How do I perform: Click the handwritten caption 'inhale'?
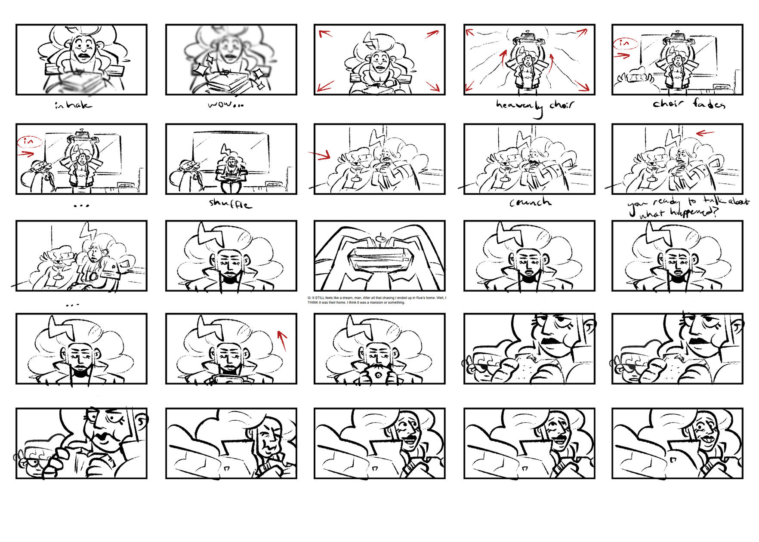73,105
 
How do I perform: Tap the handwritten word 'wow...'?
225,105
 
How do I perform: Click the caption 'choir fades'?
688,104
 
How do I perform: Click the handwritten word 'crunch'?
530,202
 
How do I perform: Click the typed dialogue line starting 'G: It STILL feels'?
377,300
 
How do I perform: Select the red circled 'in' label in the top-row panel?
624,43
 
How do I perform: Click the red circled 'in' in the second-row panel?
29,141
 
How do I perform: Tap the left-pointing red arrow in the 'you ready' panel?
705,133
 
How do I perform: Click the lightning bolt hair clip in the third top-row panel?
370,40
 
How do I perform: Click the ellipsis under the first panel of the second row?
81,206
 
